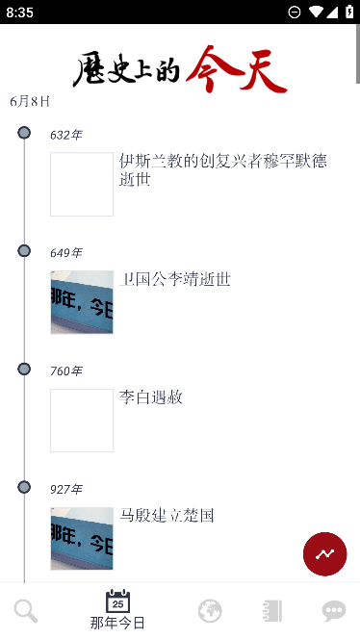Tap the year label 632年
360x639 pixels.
(x=66, y=135)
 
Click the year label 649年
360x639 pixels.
(x=66, y=253)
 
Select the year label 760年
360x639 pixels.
(x=66, y=371)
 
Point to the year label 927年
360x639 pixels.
(x=66, y=490)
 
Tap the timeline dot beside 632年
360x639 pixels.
(x=24, y=133)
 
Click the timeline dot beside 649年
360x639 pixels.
(x=24, y=251)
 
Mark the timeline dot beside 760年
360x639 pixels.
(x=24, y=370)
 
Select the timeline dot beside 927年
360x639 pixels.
(x=24, y=488)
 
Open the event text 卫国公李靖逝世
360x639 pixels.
(x=175, y=279)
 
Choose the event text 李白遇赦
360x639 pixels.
(x=151, y=397)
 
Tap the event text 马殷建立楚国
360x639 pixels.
(x=167, y=516)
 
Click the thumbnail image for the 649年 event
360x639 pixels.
(x=82, y=302)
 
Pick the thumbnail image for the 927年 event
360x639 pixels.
(x=82, y=538)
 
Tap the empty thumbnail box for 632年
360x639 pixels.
(x=82, y=184)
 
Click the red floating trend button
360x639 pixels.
(x=324, y=553)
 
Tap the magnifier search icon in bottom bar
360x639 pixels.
(x=26, y=610)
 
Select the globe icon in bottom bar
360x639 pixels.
(x=210, y=610)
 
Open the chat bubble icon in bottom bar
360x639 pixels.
(x=334, y=610)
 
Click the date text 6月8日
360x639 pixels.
(x=30, y=101)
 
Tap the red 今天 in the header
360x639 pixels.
(x=237, y=69)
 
